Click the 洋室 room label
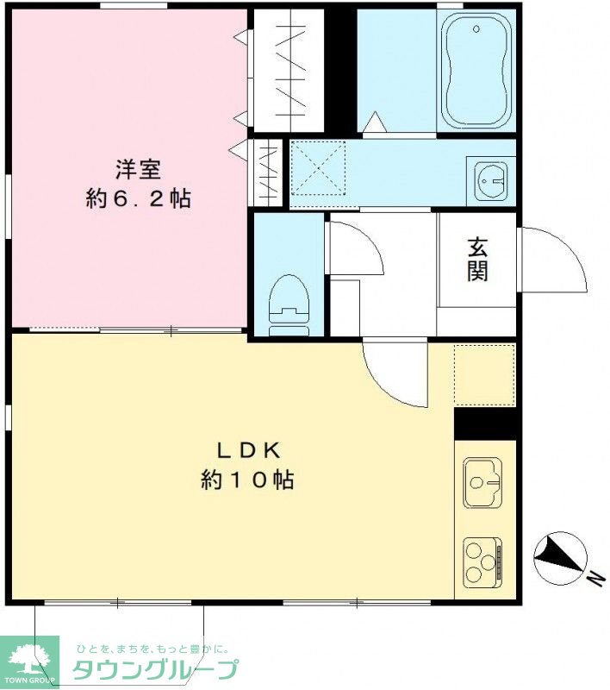[x=138, y=170]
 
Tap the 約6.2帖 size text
[x=139, y=199]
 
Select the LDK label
[x=249, y=450]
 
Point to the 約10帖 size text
[x=247, y=480]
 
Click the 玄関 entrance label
[x=477, y=260]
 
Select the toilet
[x=289, y=305]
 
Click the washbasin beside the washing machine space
[x=491, y=181]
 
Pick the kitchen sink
[x=483, y=482]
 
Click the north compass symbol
[x=560, y=558]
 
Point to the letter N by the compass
[x=595, y=578]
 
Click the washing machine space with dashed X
[x=318, y=168]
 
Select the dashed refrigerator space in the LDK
[x=484, y=375]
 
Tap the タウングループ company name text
[x=156, y=670]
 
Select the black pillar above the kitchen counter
[x=488, y=423]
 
